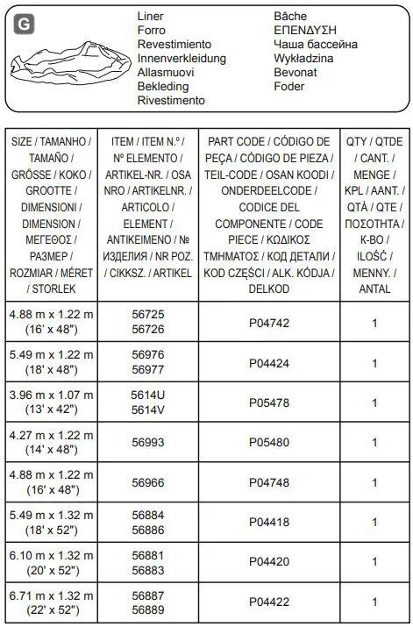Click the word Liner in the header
[151, 17]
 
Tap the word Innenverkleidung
[182, 58]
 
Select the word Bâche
[291, 17]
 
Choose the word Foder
[289, 86]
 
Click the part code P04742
[269, 323]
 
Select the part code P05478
[269, 403]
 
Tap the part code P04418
[269, 522]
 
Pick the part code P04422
[269, 602]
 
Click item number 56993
[148, 442]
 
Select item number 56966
[148, 482]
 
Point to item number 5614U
[148, 395]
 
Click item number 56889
[148, 609]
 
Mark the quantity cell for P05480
[374, 442]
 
